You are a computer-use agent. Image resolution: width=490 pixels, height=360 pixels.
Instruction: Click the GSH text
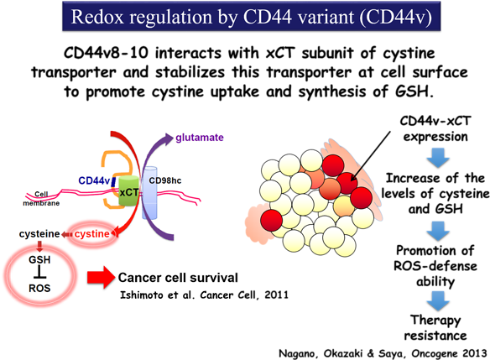point(39,261)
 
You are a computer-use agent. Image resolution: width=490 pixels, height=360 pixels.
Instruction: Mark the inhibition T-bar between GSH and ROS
point(39,274)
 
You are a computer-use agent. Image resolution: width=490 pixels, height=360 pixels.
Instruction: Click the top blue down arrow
point(439,157)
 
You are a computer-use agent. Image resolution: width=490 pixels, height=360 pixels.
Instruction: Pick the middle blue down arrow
point(439,228)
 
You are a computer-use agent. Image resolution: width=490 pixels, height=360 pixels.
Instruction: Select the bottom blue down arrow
point(439,300)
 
